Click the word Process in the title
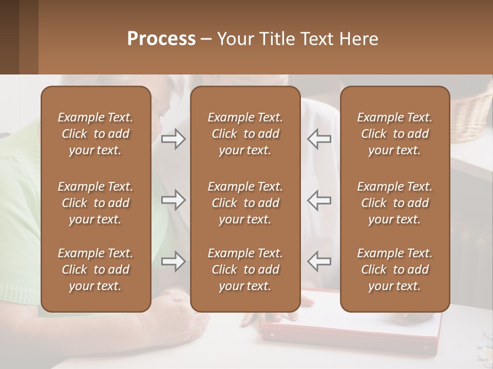161,39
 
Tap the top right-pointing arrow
173,139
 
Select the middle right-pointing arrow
173,200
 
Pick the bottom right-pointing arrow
173,261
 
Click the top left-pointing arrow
319,139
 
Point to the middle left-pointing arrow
319,200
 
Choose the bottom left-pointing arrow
319,261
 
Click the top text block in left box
96,134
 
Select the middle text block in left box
96,203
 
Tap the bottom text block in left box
96,270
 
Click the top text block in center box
245,134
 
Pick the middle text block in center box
245,203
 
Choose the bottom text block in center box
245,270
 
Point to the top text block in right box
394,134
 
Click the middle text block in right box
394,203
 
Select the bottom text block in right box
394,270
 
